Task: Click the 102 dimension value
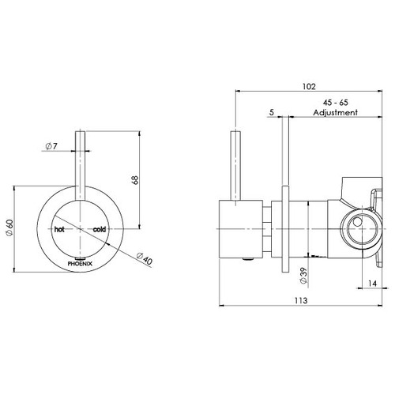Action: click(309, 87)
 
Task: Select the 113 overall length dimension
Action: click(301, 300)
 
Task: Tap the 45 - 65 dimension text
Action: click(336, 103)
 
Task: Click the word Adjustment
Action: click(335, 112)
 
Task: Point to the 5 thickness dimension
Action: click(272, 112)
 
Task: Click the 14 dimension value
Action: click(372, 284)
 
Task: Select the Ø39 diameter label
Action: click(303, 276)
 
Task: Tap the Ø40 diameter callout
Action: click(145, 258)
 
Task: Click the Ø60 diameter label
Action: click(9, 228)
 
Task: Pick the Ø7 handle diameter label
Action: click(51, 146)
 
